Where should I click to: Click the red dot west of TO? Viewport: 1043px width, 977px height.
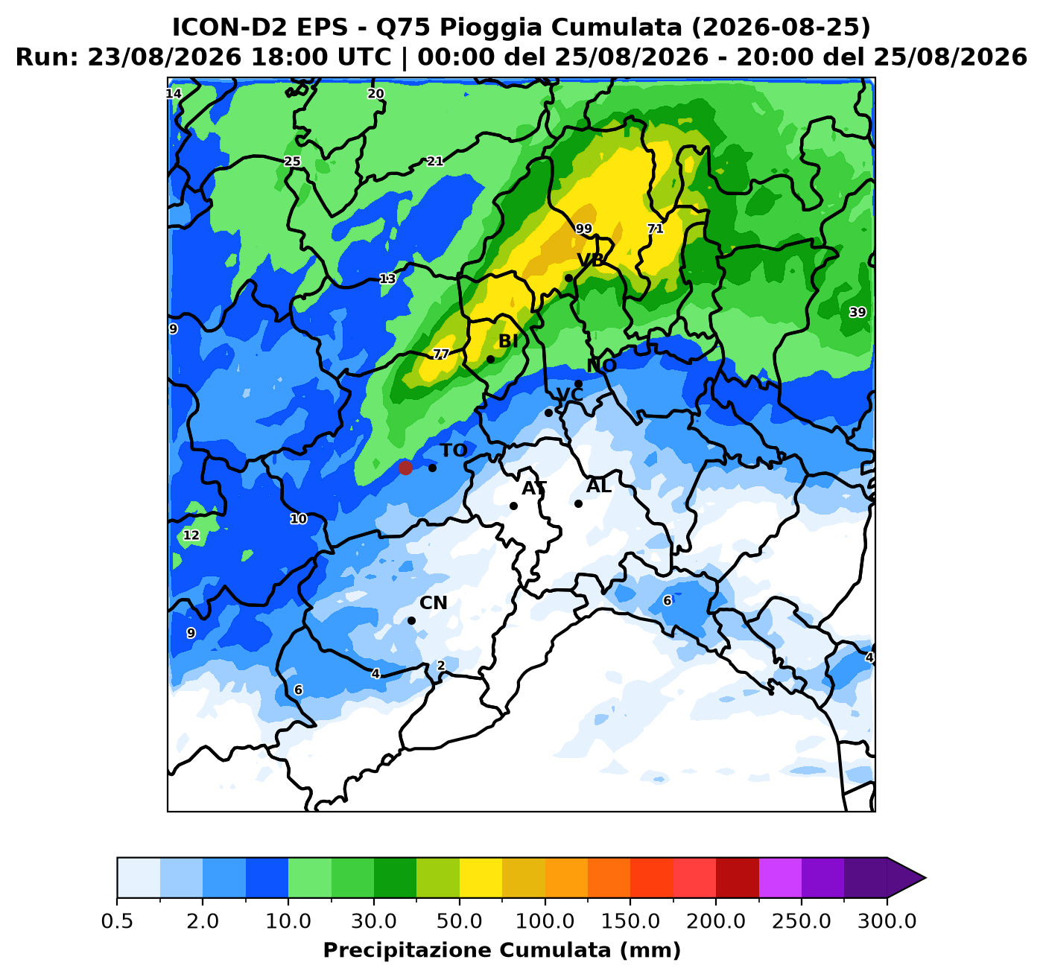pyautogui.click(x=405, y=468)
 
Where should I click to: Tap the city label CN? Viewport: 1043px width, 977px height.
pyautogui.click(x=434, y=603)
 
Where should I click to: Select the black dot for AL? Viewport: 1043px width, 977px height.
pyautogui.click(x=578, y=504)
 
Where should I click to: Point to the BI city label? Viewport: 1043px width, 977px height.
pyautogui.click(x=508, y=342)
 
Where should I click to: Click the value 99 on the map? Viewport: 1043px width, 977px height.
pyautogui.click(x=583, y=229)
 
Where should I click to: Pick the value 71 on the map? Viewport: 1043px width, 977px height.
pyautogui.click(x=655, y=229)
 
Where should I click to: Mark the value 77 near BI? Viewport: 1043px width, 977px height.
pyautogui.click(x=440, y=354)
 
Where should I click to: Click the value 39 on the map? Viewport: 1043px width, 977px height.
pyautogui.click(x=857, y=312)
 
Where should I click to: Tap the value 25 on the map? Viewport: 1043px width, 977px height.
pyautogui.click(x=292, y=162)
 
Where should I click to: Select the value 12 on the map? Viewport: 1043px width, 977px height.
pyautogui.click(x=191, y=535)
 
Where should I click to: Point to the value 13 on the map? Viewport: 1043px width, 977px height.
pyautogui.click(x=387, y=279)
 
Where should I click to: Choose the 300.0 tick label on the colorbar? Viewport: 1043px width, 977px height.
pyautogui.click(x=887, y=921)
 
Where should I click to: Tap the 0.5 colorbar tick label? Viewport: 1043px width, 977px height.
pyautogui.click(x=117, y=921)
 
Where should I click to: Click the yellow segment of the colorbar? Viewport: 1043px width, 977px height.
pyautogui.click(x=481, y=878)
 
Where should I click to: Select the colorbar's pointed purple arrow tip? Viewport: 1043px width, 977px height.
pyautogui.click(x=925, y=878)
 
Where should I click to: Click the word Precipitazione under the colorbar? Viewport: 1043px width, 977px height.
pyautogui.click(x=408, y=951)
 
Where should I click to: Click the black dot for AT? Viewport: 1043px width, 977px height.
pyautogui.click(x=513, y=506)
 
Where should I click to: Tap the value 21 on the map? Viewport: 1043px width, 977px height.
pyautogui.click(x=435, y=162)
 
